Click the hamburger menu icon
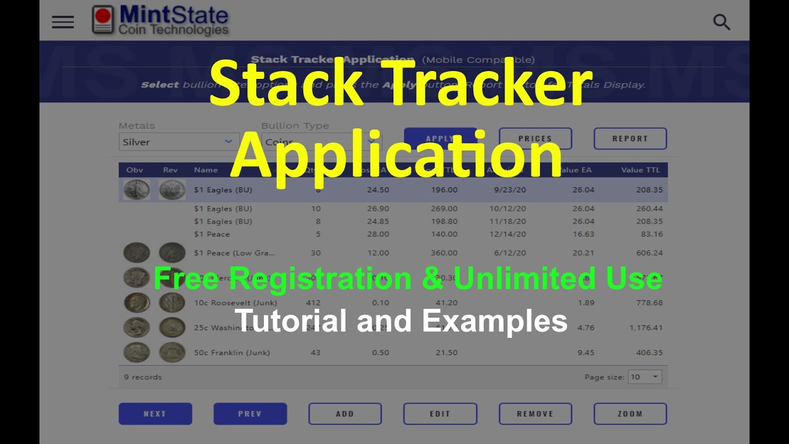(63, 22)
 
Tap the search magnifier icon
(721, 22)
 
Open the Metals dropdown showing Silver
(179, 142)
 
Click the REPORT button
(630, 139)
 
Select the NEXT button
(155, 414)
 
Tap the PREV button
(250, 414)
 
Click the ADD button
(345, 414)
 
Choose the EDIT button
(439, 414)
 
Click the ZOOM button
(630, 414)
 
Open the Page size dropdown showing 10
(645, 377)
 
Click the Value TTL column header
(641, 170)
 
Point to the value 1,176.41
(646, 328)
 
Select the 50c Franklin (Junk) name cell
(232, 353)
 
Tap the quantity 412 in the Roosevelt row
(313, 303)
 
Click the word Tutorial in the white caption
(282, 321)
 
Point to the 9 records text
(143, 377)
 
